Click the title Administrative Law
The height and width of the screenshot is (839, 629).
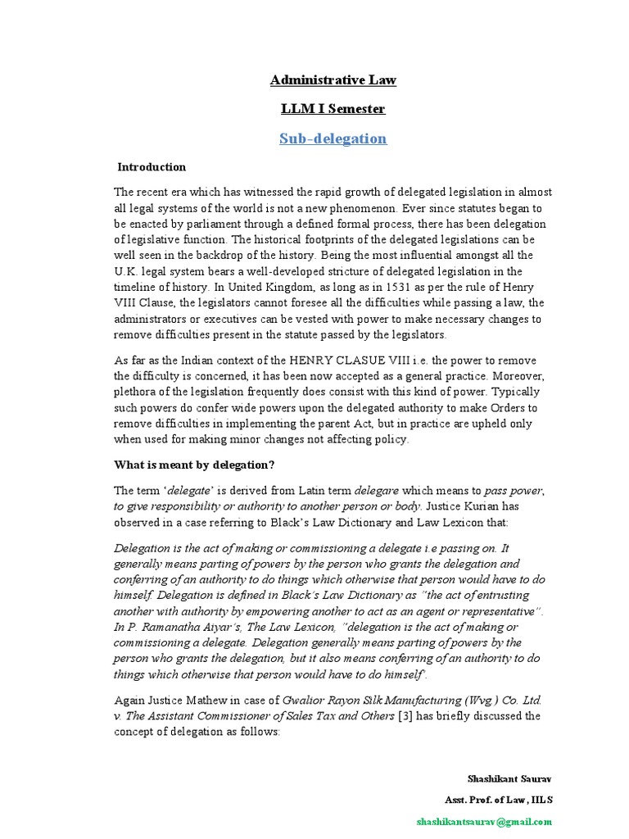point(333,79)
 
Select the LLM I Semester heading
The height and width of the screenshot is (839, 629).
point(333,108)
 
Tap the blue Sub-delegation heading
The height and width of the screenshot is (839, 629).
point(333,138)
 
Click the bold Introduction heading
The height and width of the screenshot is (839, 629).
point(152,167)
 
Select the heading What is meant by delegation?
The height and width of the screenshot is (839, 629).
point(194,465)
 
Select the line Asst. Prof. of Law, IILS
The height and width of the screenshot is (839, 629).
point(498,800)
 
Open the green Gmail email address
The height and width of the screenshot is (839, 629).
point(484,821)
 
